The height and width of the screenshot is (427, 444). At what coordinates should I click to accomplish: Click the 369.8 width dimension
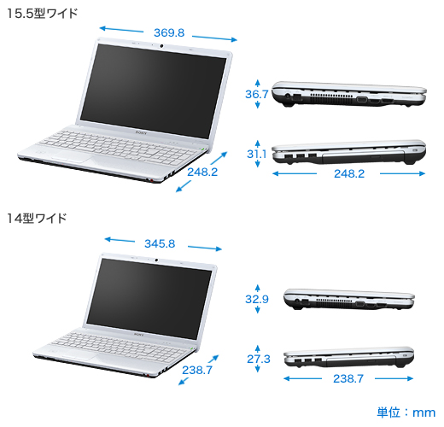(169, 33)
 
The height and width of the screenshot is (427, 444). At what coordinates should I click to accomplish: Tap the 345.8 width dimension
(160, 244)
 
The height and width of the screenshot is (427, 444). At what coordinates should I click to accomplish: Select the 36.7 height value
(257, 94)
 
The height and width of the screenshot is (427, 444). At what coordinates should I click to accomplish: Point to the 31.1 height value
(257, 154)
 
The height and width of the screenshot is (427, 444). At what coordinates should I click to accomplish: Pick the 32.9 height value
(257, 299)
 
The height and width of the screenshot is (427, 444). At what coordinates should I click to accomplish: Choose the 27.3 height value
(259, 359)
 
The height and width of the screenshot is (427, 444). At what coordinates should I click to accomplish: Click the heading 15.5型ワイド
(42, 14)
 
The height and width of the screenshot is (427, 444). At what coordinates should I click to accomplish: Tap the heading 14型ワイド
(37, 219)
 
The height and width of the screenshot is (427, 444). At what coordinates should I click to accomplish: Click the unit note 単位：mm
(406, 412)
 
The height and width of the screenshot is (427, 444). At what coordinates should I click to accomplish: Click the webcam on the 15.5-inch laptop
(161, 46)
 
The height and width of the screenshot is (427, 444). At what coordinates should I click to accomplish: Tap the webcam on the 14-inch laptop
(156, 260)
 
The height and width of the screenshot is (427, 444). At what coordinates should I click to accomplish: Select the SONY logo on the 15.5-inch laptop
(141, 132)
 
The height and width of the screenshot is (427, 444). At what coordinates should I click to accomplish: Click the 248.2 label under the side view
(349, 174)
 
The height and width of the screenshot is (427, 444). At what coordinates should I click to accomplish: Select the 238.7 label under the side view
(348, 379)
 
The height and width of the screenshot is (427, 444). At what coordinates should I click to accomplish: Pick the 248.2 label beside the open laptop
(202, 173)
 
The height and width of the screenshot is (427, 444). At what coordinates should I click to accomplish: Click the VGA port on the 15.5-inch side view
(362, 100)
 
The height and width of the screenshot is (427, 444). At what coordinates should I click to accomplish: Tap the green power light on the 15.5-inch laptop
(202, 149)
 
